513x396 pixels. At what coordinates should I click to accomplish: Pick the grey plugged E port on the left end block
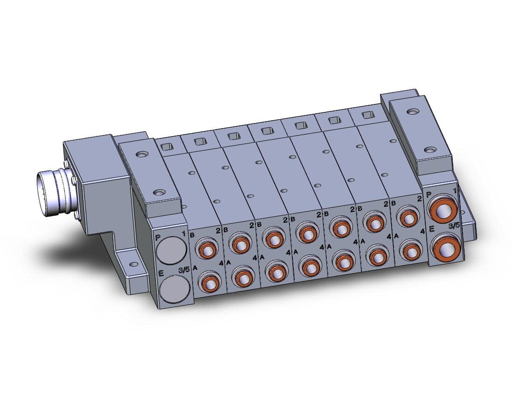tap(176, 289)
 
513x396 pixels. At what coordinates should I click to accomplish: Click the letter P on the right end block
tap(429, 195)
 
